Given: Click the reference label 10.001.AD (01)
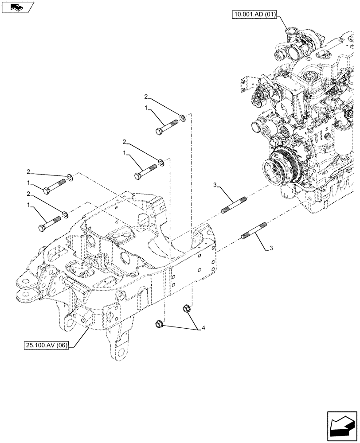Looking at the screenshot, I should (x=254, y=15).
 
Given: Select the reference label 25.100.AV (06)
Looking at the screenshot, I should (x=46, y=345).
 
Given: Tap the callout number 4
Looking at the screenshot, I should (x=203, y=328).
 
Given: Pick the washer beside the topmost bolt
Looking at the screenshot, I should (x=182, y=118).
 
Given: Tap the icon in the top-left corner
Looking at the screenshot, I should (x=17, y=7).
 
